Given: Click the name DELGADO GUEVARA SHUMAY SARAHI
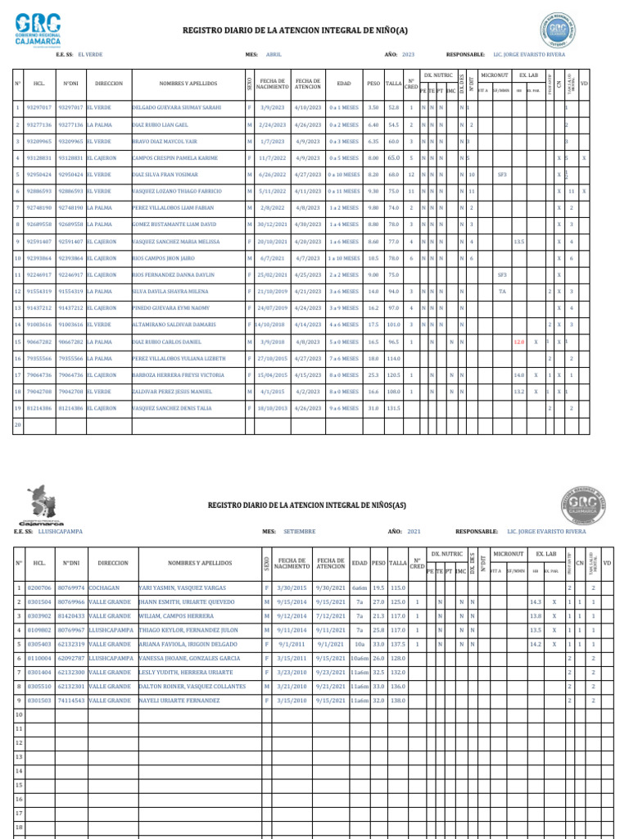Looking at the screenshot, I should click(176, 107).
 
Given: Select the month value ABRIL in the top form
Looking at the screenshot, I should click(274, 54).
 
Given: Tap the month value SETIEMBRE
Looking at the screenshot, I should click(299, 531).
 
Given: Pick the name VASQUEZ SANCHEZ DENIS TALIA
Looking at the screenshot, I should click(172, 407).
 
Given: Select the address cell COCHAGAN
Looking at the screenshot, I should click(104, 587).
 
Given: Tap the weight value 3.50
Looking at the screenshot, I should click(373, 107).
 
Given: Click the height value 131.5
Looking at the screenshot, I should click(393, 407).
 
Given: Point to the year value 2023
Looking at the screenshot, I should click(408, 54).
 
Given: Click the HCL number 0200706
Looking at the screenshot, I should click(39, 587).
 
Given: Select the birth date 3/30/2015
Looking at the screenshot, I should click(292, 587).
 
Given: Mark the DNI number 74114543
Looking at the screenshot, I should click(71, 701).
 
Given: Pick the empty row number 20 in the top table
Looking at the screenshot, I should click(18, 424).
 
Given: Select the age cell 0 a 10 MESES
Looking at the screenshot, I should click(345, 175).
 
